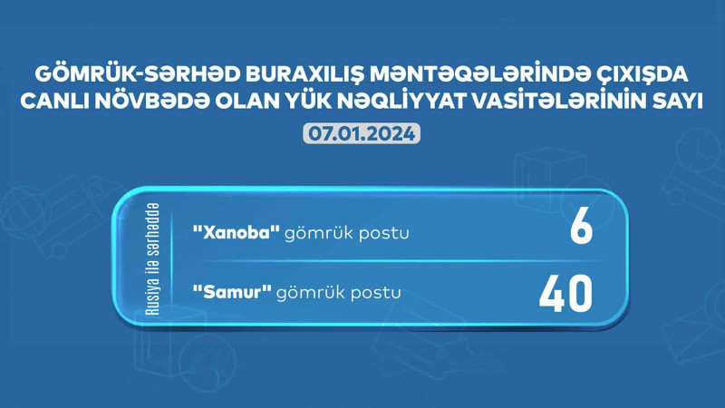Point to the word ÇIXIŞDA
(644, 73)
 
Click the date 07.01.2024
(361, 133)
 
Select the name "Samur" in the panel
(230, 292)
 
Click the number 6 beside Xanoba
(581, 230)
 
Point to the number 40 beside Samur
(565, 292)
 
